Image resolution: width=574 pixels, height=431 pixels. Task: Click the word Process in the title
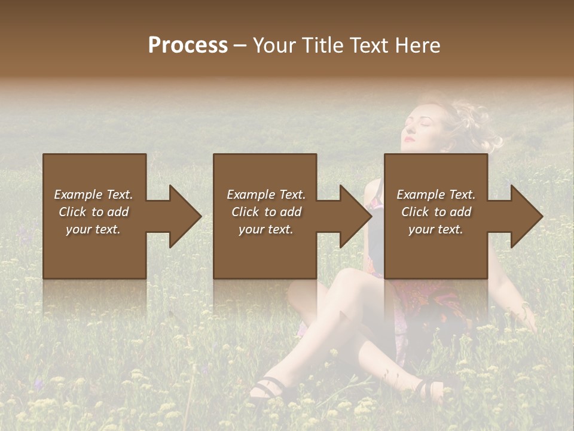[188, 45]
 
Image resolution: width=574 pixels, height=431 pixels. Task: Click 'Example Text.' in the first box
[93, 195]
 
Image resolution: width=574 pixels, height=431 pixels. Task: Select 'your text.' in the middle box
[265, 229]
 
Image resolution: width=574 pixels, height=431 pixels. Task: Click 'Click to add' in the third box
[436, 212]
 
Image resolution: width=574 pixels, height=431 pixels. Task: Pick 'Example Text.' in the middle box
[265, 195]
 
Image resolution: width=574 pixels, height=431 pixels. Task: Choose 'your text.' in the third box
[436, 229]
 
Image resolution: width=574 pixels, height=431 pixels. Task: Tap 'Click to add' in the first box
[93, 212]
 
